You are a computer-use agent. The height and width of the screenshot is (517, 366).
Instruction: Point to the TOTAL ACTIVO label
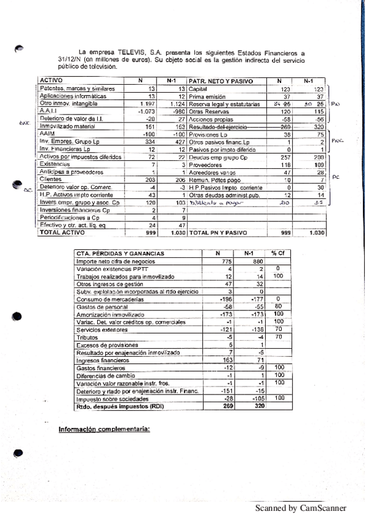coord(62,233)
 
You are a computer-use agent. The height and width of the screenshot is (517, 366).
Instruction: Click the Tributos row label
coord(86,337)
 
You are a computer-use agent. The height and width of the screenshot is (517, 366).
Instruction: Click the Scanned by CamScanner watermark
coord(300,508)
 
